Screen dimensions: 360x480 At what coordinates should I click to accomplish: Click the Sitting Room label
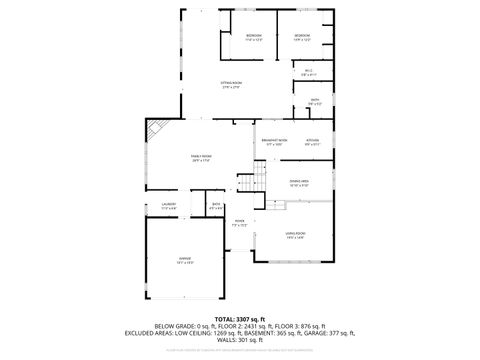(230, 85)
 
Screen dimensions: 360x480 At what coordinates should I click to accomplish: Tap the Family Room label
(201, 157)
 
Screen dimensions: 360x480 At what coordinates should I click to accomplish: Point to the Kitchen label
(312, 141)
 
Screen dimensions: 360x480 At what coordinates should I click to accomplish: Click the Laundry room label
(169, 206)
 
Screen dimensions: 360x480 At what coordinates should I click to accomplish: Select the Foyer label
(240, 223)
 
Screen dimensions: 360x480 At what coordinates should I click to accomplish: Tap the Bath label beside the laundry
(216, 206)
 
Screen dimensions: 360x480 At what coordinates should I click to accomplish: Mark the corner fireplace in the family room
(154, 130)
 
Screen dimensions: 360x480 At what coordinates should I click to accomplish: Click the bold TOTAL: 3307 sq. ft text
(240, 318)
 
